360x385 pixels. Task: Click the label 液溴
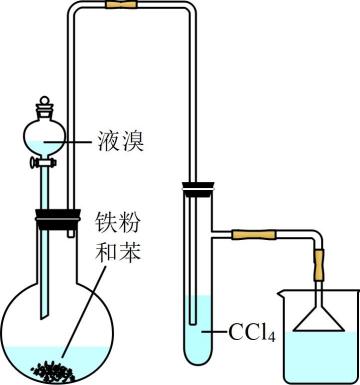[x=120, y=141]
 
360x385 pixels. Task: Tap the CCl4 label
[x=252, y=332]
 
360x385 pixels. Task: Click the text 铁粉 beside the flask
[x=118, y=222]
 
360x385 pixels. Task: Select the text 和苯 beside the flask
[x=118, y=250]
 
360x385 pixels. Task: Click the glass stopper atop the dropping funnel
[x=44, y=105]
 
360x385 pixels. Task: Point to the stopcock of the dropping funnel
[x=43, y=163]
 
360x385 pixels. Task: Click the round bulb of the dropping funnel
[x=44, y=136]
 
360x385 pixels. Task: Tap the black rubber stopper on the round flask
[x=57, y=219]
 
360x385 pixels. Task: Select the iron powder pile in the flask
[x=52, y=371]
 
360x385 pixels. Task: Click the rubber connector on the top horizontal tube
[x=121, y=5]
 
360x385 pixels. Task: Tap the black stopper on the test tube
[x=198, y=189]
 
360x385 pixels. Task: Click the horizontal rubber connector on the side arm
[x=254, y=235]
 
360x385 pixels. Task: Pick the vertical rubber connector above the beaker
[x=318, y=265]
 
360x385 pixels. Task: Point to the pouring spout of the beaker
[x=280, y=293]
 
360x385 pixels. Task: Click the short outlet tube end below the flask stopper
[x=70, y=234]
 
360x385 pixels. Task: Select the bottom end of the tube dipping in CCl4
[x=193, y=322]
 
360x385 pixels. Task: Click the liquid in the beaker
[x=319, y=356]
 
